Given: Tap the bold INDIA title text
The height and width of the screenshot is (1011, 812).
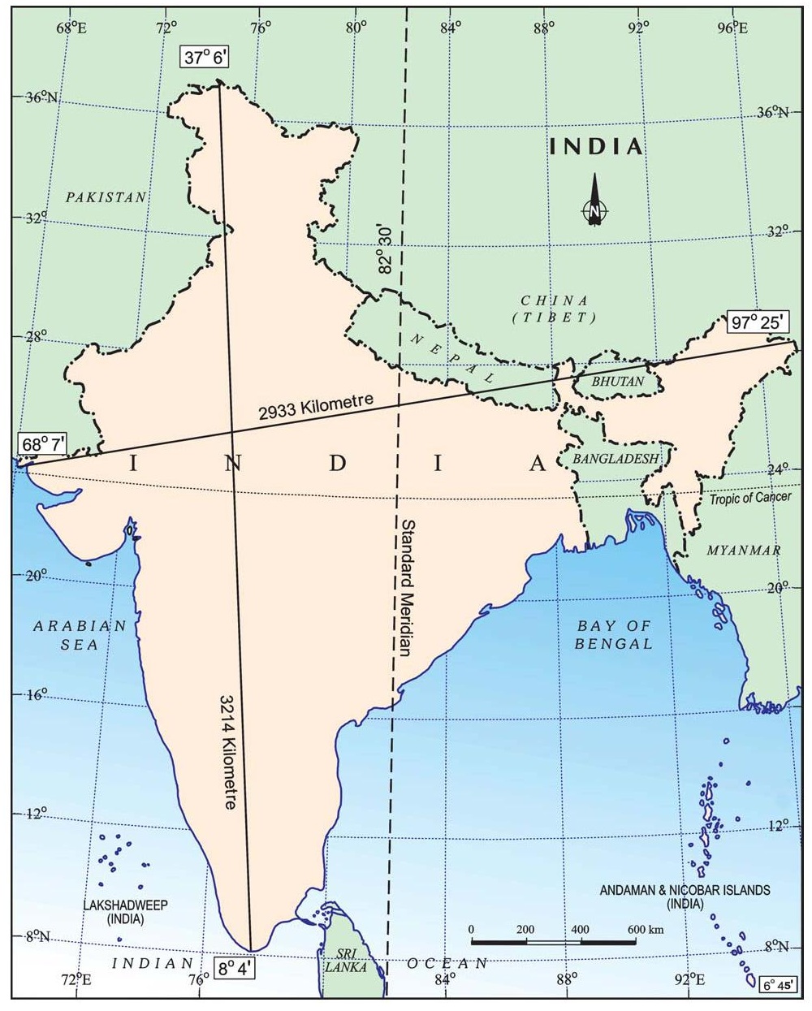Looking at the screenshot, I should pyautogui.click(x=597, y=146).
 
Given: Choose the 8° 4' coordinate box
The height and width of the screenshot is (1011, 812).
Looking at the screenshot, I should pyautogui.click(x=235, y=967).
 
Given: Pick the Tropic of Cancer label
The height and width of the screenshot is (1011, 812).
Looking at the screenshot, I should pyautogui.click(x=749, y=498).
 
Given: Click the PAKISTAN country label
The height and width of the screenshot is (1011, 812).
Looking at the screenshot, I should pyautogui.click(x=106, y=197).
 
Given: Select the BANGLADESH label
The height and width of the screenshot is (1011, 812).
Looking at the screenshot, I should pyautogui.click(x=615, y=459).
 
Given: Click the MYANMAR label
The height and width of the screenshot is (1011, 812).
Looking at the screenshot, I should pyautogui.click(x=743, y=551).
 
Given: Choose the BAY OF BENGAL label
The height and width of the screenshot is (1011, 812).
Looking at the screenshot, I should pyautogui.click(x=614, y=635).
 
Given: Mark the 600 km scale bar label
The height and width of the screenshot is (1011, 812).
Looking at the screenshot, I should pyautogui.click(x=646, y=929).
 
